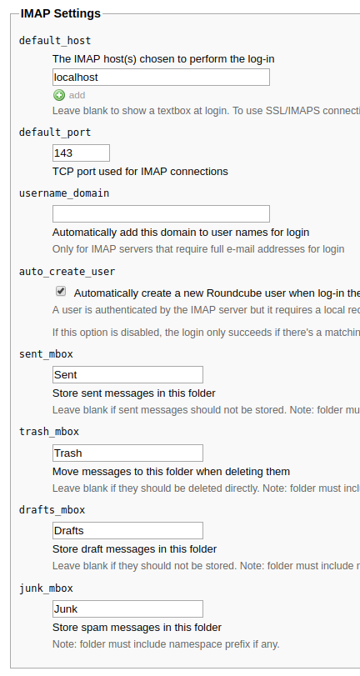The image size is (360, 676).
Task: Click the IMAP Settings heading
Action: click(60, 13)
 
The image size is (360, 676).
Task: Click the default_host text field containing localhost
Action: click(161, 78)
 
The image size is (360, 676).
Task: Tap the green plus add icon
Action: click(59, 95)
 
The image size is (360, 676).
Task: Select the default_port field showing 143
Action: click(81, 153)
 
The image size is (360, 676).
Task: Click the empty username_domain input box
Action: click(161, 214)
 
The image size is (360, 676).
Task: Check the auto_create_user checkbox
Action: click(61, 292)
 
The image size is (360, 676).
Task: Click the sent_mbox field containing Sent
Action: click(127, 374)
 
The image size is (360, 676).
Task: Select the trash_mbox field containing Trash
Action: click(127, 453)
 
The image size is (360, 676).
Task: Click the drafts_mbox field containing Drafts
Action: click(127, 531)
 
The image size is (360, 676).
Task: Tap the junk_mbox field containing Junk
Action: click(127, 608)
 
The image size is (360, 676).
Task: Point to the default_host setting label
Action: click(55, 41)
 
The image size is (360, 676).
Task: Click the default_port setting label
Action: click(55, 133)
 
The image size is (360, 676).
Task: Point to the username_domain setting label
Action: click(64, 193)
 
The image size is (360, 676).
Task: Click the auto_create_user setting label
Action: click(67, 272)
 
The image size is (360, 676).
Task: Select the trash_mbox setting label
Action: click(49, 432)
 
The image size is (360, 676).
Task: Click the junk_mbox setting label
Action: click(46, 588)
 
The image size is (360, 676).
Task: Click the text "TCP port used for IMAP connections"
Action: click(140, 172)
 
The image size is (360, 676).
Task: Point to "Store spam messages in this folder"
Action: click(137, 628)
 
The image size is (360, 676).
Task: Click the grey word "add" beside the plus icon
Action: click(77, 95)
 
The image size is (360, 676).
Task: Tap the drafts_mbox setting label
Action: click(52, 510)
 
